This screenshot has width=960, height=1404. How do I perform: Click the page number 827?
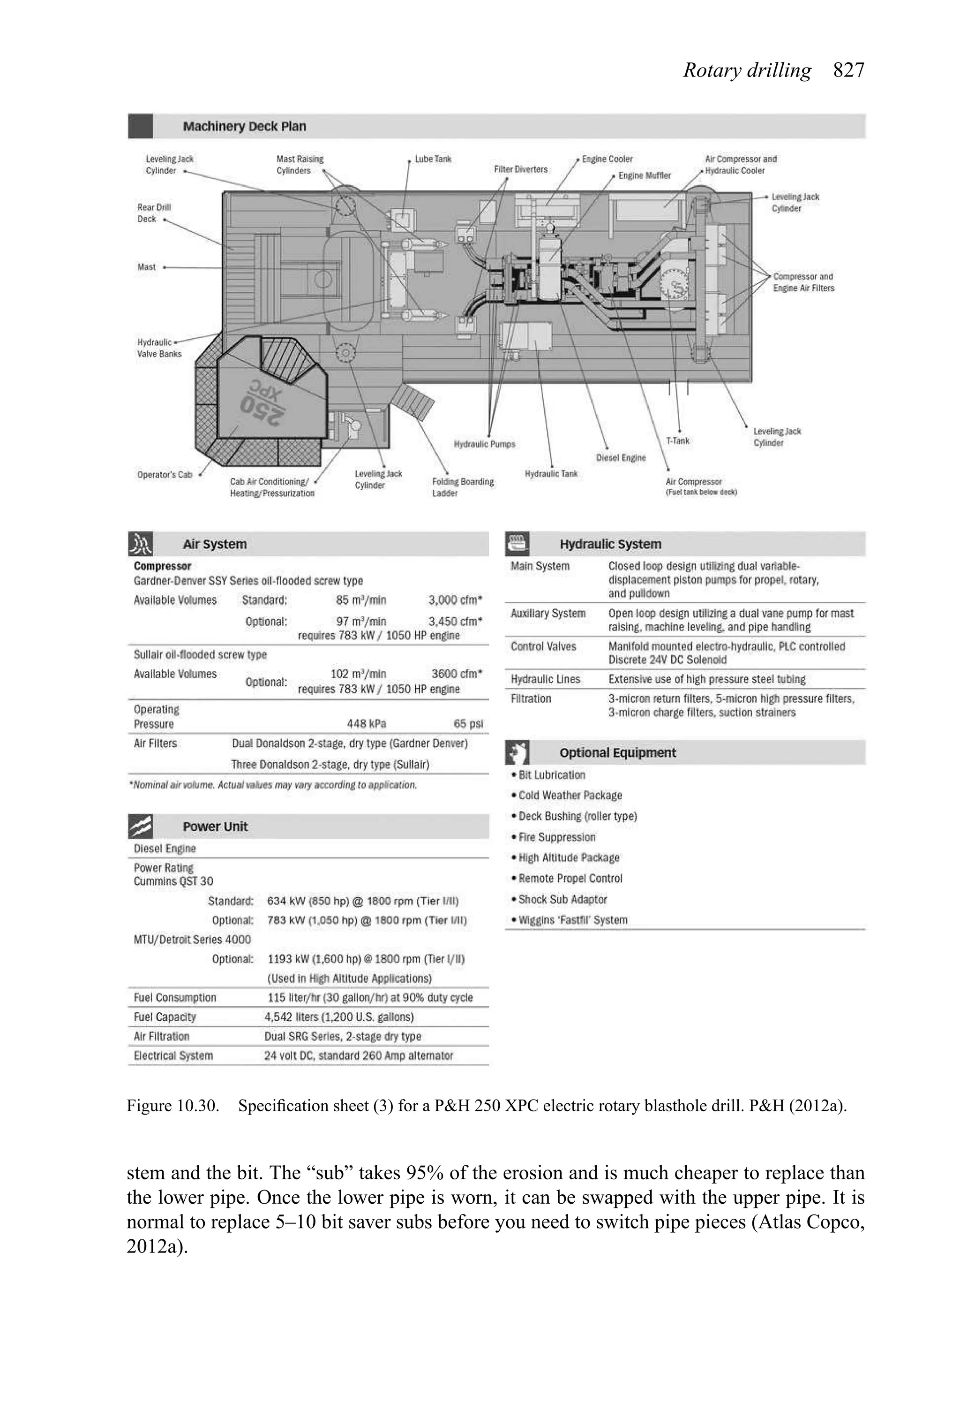[x=848, y=71]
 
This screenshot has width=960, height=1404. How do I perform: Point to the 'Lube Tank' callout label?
[x=433, y=159]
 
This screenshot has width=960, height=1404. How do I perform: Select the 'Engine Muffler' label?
[x=644, y=175]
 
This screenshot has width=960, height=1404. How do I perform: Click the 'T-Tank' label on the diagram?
[x=677, y=440]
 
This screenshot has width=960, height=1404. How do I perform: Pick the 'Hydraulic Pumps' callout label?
[x=484, y=444]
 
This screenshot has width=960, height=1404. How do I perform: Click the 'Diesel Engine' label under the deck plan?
[x=621, y=457]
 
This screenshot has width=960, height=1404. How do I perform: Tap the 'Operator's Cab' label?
[x=164, y=475]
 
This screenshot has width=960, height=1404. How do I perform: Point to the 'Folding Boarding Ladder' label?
[x=463, y=487]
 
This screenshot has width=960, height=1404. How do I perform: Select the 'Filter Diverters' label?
[x=520, y=169]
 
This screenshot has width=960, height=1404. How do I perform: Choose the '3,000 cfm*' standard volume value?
[x=455, y=600]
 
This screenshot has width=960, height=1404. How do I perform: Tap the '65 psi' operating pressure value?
[x=468, y=724]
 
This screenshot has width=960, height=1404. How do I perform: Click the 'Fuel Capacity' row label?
[x=165, y=1017]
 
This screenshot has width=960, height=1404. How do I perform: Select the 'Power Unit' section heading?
[x=215, y=827]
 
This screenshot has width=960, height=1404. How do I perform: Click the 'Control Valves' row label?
[x=543, y=646]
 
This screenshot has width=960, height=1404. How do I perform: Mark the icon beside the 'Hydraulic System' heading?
[x=517, y=544]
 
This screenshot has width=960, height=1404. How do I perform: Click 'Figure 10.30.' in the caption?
[x=172, y=1106]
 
